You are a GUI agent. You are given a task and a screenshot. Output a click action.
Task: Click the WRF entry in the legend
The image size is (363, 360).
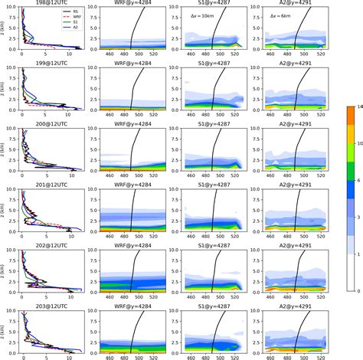tap(35, 18)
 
